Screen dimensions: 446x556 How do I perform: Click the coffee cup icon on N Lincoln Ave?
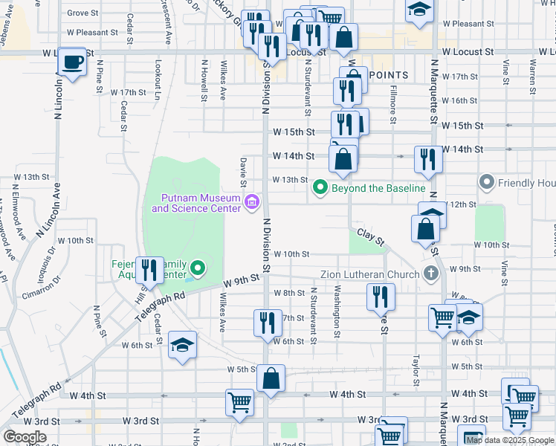click(x=72, y=62)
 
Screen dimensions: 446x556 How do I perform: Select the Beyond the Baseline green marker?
click(x=320, y=187)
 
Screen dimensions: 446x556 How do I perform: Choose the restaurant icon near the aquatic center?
click(x=150, y=271)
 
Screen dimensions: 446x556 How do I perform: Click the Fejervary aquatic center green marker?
click(x=197, y=267)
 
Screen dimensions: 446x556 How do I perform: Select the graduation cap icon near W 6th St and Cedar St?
click(x=182, y=345)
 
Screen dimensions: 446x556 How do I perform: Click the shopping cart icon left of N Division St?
click(x=240, y=402)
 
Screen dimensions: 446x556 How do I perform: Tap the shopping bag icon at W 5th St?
click(x=271, y=378)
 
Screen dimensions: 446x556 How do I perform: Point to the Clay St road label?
click(x=369, y=237)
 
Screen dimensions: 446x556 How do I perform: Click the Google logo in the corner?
click(x=25, y=436)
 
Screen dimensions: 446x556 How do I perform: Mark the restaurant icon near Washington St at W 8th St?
click(x=381, y=297)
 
